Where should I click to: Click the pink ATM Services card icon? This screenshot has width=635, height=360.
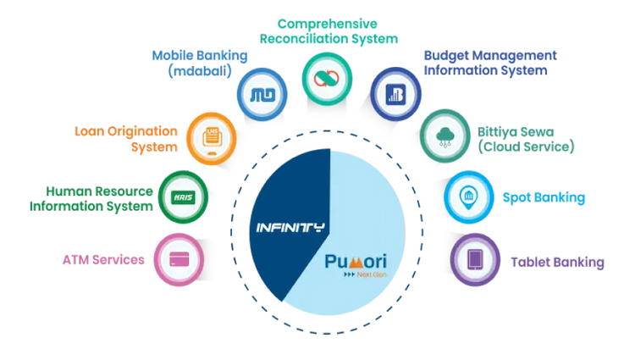click(179, 259)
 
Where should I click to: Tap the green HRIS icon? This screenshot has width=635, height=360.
click(183, 197)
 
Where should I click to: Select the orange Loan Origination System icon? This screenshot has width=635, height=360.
click(212, 138)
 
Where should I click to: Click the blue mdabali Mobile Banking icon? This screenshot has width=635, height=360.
click(262, 95)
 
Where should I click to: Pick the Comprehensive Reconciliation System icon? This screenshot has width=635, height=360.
click(327, 79)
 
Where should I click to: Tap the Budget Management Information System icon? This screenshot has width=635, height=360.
click(395, 94)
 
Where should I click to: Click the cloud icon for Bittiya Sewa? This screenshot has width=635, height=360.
click(445, 136)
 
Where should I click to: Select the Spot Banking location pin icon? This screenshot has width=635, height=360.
click(469, 197)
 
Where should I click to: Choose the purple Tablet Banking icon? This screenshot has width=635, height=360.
click(475, 259)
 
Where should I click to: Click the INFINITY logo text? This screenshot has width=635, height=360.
click(290, 228)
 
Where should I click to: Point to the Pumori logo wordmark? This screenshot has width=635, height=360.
click(356, 262)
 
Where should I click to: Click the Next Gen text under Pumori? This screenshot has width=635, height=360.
click(372, 274)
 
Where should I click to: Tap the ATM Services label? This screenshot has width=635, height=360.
click(103, 260)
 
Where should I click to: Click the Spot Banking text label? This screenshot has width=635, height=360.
click(544, 197)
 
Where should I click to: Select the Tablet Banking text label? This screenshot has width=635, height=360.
click(557, 262)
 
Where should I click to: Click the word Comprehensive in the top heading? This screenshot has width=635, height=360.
click(327, 25)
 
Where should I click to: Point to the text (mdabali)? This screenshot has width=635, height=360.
click(200, 71)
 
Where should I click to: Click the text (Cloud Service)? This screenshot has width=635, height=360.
click(526, 147)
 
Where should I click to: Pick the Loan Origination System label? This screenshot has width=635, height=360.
click(126, 139)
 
